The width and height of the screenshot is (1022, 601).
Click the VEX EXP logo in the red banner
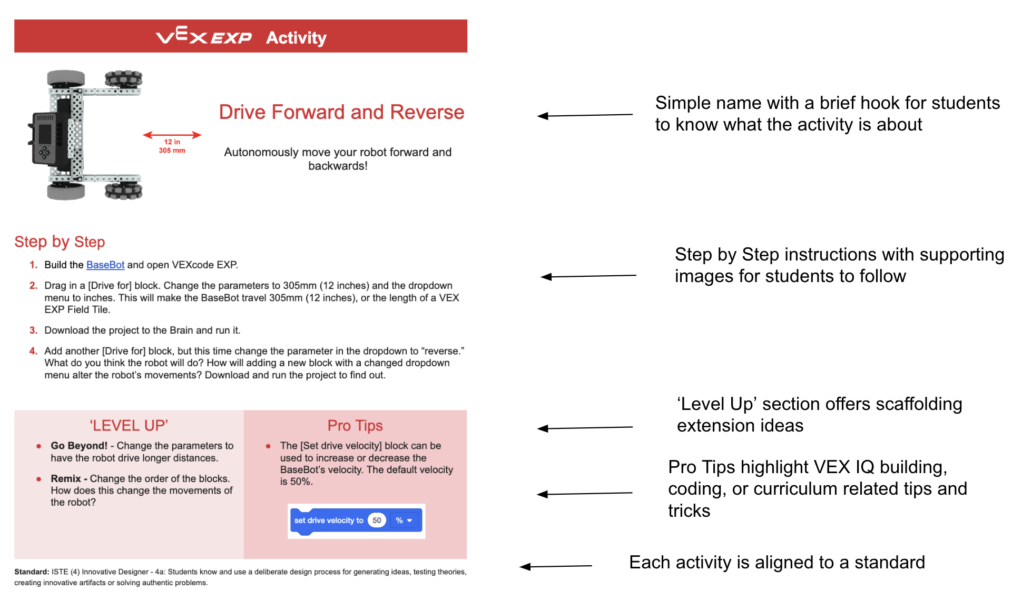204,36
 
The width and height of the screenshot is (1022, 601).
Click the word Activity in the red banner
296,37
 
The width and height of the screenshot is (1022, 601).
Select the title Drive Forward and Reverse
341,112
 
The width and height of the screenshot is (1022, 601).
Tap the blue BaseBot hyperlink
105,265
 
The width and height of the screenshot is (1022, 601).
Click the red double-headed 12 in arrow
172,135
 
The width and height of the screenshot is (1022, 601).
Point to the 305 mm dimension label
172,151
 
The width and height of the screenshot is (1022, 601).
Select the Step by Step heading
60,242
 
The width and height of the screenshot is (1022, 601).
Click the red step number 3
33,330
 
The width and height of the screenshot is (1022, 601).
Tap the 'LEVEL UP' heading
129,425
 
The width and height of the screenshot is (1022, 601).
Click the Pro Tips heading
355,425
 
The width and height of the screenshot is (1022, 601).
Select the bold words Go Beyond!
79,446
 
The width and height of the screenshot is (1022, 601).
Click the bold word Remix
66,478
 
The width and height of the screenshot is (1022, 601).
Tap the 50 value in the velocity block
377,520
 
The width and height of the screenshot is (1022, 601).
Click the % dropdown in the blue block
404,520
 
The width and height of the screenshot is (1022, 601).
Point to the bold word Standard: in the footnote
32,572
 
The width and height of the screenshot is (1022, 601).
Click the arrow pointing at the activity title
585,115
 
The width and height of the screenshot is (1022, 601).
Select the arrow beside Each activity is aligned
556,566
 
